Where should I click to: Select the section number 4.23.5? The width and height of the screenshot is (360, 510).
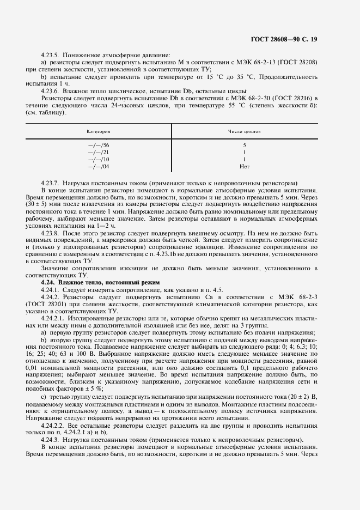point(51,55)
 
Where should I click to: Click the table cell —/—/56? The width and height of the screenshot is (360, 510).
point(99,145)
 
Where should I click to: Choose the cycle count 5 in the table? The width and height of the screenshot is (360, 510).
point(244,145)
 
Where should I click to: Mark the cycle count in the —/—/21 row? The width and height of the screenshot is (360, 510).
point(244,152)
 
